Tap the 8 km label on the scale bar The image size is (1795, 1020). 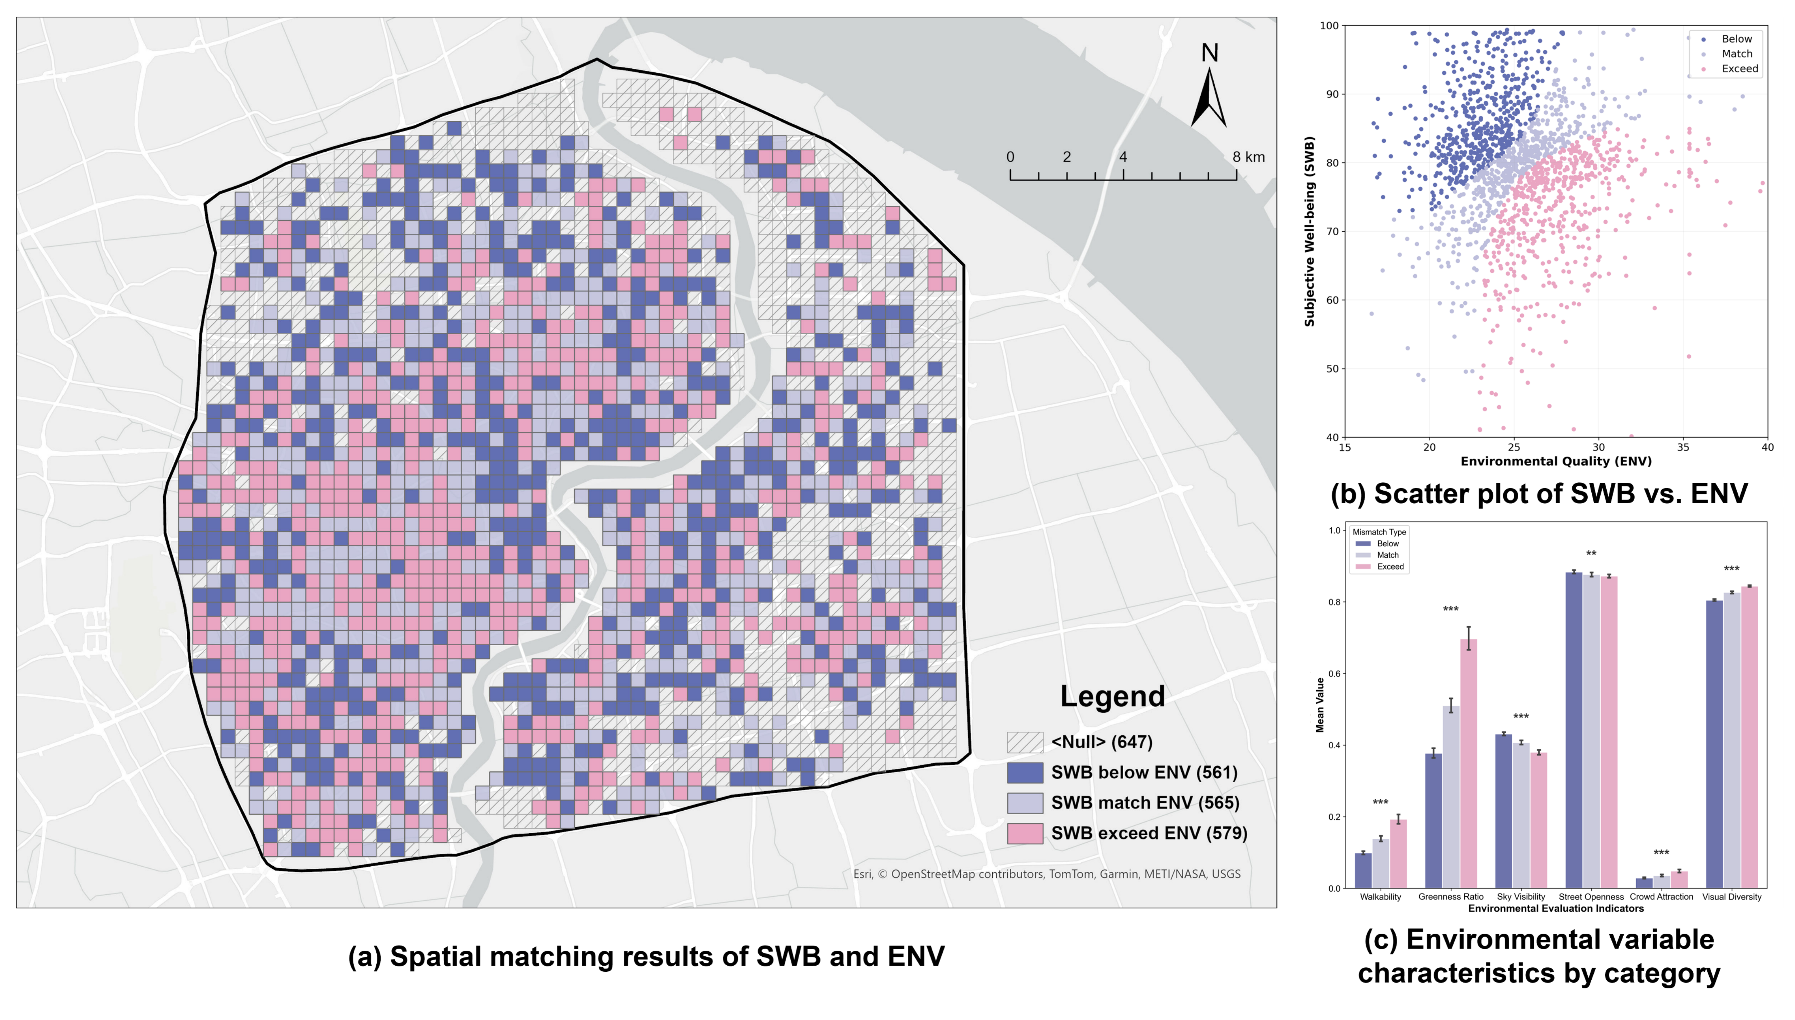point(1249,157)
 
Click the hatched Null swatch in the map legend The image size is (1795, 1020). point(1025,742)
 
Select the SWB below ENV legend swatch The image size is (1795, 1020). point(1025,773)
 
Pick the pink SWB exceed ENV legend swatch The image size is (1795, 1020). point(1025,833)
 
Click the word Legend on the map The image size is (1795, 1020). point(1112,696)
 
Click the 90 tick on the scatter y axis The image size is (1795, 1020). point(1329,95)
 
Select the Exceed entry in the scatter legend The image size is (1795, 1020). point(1740,69)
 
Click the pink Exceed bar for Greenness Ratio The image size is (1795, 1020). point(1468,764)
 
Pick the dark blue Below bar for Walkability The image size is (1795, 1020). point(1363,871)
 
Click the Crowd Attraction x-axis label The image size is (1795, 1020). point(1661,897)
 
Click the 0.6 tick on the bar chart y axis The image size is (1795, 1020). point(1334,674)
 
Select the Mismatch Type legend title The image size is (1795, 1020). point(1379,532)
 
